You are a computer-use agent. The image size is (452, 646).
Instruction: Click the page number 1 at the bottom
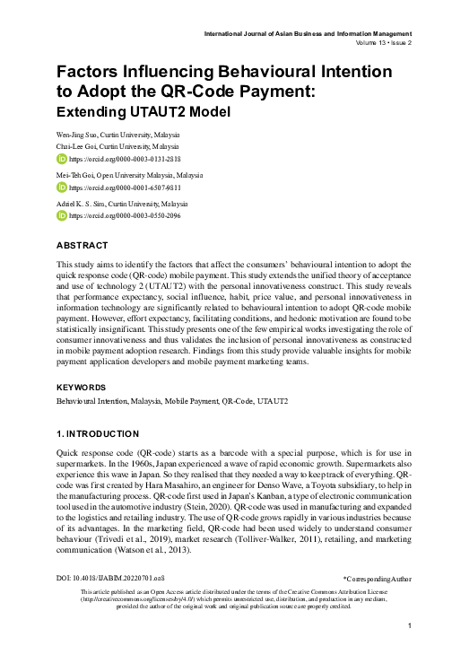(x=408, y=625)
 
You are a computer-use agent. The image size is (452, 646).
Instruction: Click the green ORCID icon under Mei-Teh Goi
(x=61, y=188)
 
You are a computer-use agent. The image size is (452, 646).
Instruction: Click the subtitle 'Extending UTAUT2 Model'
(x=143, y=112)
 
